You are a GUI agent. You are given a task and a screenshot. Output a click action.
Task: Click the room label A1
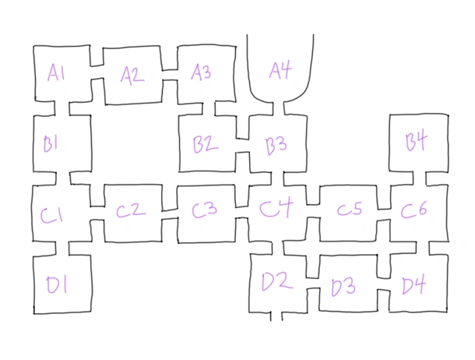pyautogui.click(x=56, y=73)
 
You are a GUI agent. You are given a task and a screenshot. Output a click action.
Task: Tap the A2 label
pyautogui.click(x=132, y=75)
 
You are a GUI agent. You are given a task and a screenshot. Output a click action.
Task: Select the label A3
pyautogui.click(x=201, y=72)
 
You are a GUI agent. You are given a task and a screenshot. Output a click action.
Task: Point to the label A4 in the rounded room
pyautogui.click(x=280, y=70)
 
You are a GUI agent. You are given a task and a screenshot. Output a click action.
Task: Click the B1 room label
pyautogui.click(x=51, y=143)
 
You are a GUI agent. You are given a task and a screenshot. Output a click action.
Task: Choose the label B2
pyautogui.click(x=206, y=144)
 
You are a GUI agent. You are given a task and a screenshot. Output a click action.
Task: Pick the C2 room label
pyautogui.click(x=131, y=210)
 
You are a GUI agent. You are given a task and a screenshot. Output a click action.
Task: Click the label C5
pyautogui.click(x=350, y=209)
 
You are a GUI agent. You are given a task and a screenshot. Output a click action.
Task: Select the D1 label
pyautogui.click(x=57, y=285)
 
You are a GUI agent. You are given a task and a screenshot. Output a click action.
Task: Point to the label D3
pyautogui.click(x=343, y=287)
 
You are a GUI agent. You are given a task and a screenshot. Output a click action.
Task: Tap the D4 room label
pyautogui.click(x=413, y=285)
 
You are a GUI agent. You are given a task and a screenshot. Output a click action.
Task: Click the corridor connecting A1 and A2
pyautogui.click(x=97, y=72)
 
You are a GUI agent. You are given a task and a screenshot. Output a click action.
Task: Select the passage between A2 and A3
pyautogui.click(x=170, y=75)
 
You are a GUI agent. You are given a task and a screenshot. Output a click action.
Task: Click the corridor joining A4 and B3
pyautogui.click(x=279, y=108)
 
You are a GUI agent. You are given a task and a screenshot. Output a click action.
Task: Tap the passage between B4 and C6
pyautogui.click(x=419, y=178)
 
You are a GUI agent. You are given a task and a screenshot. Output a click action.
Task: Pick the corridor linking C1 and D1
pyautogui.click(x=62, y=249)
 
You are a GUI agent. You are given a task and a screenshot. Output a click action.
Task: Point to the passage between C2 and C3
pyautogui.click(x=169, y=214)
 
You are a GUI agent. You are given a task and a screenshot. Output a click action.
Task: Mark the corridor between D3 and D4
pyautogui.click(x=384, y=284)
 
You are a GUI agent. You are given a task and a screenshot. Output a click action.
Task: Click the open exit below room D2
pyautogui.click(x=276, y=316)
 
